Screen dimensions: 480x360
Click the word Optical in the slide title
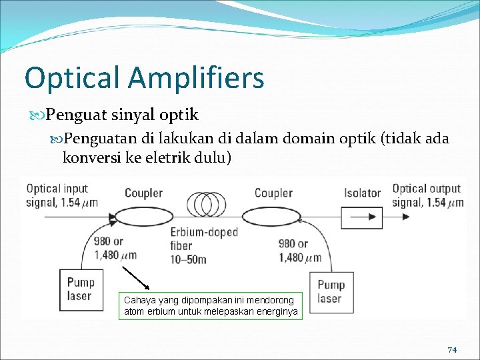pyautogui.click(x=72, y=78)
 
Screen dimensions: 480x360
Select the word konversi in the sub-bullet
pyautogui.click(x=88, y=158)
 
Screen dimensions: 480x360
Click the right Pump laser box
pyautogui.click(x=331, y=292)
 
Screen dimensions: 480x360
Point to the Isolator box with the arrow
pyautogui.click(x=362, y=217)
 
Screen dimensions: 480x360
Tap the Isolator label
pyautogui.click(x=362, y=193)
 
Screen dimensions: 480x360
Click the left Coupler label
pyautogui.click(x=143, y=193)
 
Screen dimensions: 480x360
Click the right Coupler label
pyautogui.click(x=273, y=193)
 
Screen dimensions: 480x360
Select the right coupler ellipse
pyautogui.click(x=271, y=217)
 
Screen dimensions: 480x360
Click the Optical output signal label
pyautogui.click(x=427, y=195)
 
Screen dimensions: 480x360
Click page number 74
pyautogui.click(x=451, y=350)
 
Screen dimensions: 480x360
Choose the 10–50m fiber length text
pyautogui.click(x=188, y=259)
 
